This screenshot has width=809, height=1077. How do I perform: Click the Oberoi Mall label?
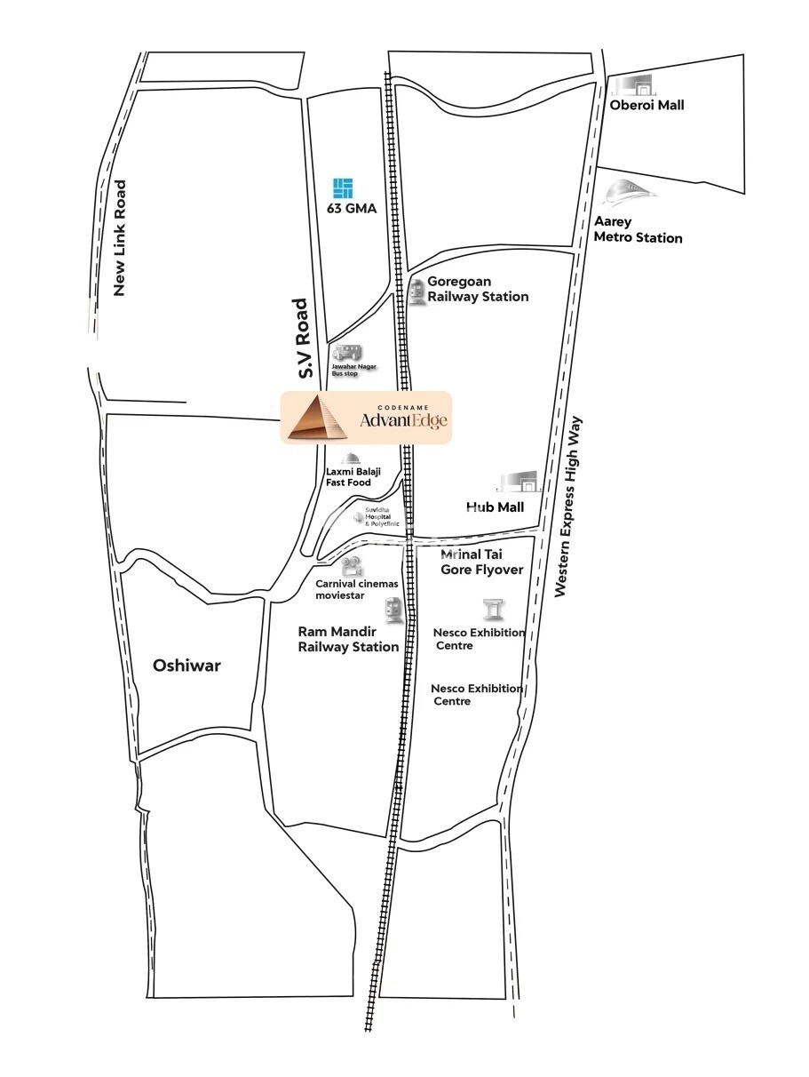[x=646, y=106]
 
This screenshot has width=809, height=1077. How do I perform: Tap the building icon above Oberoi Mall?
[x=631, y=84]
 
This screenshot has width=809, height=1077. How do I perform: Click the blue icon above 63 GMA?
[x=343, y=188]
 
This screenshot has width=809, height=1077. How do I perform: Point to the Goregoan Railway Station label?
[x=478, y=289]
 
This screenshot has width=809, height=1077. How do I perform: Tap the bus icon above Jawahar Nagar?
[x=347, y=353]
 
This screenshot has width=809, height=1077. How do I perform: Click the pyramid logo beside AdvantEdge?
[x=317, y=418]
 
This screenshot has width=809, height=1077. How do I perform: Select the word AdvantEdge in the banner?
[x=399, y=420]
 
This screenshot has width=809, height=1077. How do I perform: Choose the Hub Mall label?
[x=495, y=507]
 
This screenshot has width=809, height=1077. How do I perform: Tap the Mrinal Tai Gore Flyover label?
[x=481, y=562]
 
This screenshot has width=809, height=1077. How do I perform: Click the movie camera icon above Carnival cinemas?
[x=353, y=565]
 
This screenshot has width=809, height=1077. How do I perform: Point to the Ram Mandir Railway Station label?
[x=348, y=639]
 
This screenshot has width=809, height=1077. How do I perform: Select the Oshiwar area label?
[x=186, y=665]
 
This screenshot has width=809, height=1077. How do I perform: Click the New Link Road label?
[x=121, y=238]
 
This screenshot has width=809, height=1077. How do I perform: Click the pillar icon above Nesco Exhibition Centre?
[x=492, y=610]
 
